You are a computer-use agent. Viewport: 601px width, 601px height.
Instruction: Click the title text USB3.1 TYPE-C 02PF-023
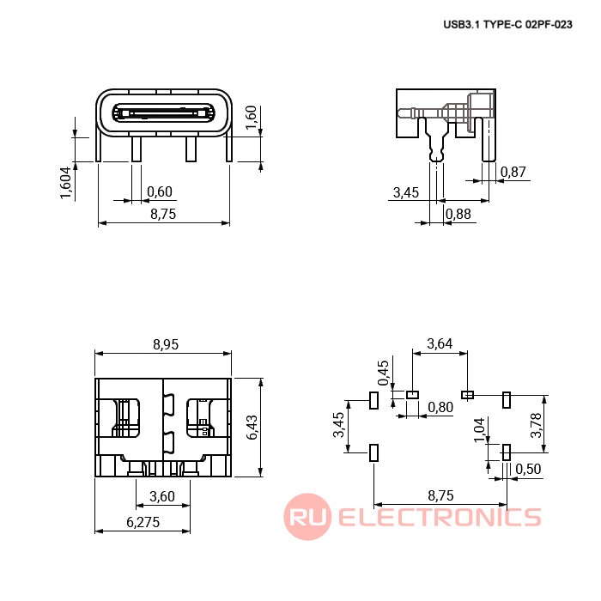click(507, 25)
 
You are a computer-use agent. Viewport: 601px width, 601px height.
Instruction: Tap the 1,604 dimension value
click(66, 183)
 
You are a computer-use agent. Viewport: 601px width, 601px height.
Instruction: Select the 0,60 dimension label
click(160, 191)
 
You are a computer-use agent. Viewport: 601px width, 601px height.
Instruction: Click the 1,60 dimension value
click(251, 118)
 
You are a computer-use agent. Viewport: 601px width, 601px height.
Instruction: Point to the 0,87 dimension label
click(513, 172)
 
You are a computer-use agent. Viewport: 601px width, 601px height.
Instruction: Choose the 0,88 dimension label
click(458, 214)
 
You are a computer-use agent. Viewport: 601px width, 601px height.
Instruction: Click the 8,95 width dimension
click(166, 344)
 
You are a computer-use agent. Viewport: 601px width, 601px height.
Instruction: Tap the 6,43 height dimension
click(252, 428)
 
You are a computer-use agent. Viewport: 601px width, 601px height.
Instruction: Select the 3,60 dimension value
click(162, 496)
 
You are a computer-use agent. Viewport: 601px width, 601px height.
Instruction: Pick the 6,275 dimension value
click(143, 522)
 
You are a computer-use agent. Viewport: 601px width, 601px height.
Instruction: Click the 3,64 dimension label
click(440, 343)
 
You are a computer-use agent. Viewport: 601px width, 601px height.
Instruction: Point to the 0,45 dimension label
click(383, 373)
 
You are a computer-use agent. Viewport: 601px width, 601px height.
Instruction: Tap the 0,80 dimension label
click(440, 407)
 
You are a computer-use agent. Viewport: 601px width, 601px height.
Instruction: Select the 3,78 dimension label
click(536, 425)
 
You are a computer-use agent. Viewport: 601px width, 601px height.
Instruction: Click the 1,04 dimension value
click(479, 429)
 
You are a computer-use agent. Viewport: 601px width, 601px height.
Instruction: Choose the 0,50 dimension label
click(528, 469)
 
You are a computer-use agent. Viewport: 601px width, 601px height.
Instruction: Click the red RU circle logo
click(307, 516)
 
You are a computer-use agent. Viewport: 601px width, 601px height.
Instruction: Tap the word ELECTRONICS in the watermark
click(440, 517)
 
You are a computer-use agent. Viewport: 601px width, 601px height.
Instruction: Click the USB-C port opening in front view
click(163, 113)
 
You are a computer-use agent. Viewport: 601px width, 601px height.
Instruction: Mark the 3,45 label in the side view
click(406, 192)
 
